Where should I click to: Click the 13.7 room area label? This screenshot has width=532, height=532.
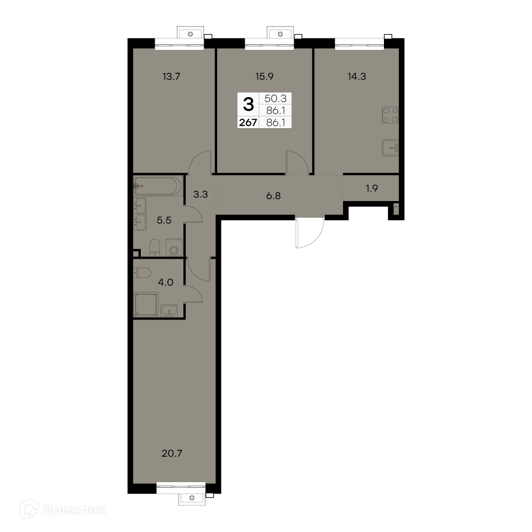point(171,77)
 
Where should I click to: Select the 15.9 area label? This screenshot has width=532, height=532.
point(264,77)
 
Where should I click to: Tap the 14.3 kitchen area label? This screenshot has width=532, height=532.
point(357,77)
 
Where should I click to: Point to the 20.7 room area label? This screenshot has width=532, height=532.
point(172,453)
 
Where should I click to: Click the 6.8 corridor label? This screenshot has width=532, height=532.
point(273,196)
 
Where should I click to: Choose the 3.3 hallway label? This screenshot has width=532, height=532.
point(201,194)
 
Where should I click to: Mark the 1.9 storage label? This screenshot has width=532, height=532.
point(372,188)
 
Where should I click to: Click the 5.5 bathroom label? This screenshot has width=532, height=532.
point(164,220)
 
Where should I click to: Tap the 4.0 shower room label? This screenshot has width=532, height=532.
point(166,282)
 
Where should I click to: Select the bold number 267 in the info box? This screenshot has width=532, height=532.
point(248,123)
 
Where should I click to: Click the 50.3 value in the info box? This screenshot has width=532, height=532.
point(275,99)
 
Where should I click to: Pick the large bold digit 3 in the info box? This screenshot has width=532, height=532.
point(249,104)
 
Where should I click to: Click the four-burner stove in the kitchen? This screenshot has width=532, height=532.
point(390,115)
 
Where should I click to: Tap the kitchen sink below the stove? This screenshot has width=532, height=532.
point(390,148)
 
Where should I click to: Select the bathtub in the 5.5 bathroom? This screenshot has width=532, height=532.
point(158,185)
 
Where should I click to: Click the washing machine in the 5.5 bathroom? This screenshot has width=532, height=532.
point(174,247)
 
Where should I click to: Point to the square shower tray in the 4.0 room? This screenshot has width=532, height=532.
point(146,304)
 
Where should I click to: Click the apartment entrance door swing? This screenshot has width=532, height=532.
point(310,233)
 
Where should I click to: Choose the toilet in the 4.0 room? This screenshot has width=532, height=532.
point(142,273)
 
